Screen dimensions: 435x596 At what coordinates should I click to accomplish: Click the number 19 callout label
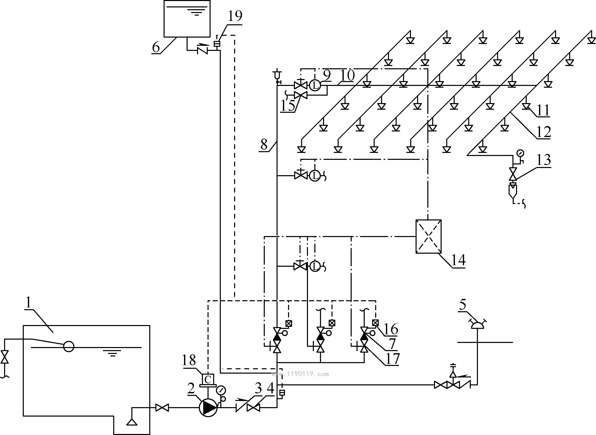[235, 16]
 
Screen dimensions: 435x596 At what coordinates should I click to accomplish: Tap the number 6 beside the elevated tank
[156, 47]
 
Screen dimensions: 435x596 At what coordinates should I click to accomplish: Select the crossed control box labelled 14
[428, 236]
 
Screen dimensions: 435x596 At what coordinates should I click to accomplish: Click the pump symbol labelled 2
[208, 408]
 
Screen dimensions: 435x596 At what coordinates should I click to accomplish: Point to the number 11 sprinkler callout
[543, 110]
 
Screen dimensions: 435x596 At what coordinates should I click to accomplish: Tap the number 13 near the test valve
[544, 160]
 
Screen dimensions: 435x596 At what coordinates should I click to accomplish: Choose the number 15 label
[288, 106]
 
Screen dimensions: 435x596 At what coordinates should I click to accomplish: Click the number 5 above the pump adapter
[463, 305]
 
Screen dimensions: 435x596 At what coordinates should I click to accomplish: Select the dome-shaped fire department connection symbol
[477, 325]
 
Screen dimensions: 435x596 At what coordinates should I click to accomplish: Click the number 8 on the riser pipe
[264, 144]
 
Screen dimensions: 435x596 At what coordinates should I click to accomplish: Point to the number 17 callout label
[392, 358]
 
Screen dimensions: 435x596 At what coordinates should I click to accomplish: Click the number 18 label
[189, 360]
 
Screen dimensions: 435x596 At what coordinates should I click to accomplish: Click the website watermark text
[300, 374]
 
